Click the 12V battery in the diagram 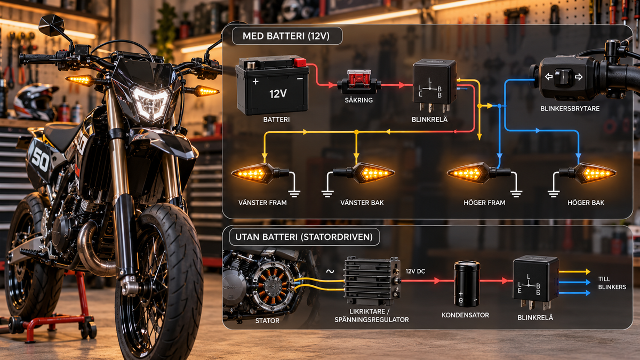pyautogui.click(x=272, y=85)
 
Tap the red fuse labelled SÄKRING pyautogui.click(x=359, y=82)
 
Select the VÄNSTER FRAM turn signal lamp pyautogui.click(x=260, y=173)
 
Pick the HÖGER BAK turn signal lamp pyautogui.click(x=588, y=173)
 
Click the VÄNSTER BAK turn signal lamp pyautogui.click(x=364, y=173)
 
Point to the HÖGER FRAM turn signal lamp pyautogui.click(x=479, y=173)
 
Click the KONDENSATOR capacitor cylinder pyautogui.click(x=467, y=284)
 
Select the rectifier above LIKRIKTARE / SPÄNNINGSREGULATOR pyautogui.click(x=372, y=281)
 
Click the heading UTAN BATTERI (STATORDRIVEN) pyautogui.click(x=304, y=237)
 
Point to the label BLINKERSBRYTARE pyautogui.click(x=570, y=109)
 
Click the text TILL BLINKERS pyautogui.click(x=612, y=283)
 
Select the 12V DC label pyautogui.click(x=415, y=271)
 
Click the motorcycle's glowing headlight pyautogui.click(x=150, y=103)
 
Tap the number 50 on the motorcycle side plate pyautogui.click(x=40, y=161)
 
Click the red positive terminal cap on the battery pyautogui.click(x=300, y=62)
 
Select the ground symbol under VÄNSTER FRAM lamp pyautogui.click(x=294, y=194)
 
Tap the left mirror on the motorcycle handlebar pyautogui.click(x=52, y=26)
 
